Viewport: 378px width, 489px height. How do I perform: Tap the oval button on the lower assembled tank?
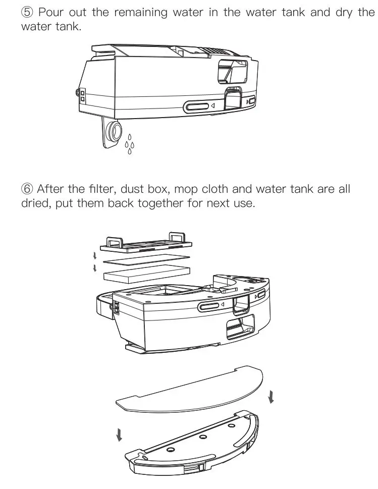pyautogui.click(x=210, y=306)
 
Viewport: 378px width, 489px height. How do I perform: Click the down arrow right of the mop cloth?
pyautogui.click(x=272, y=396)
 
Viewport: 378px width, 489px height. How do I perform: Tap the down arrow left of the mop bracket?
pyautogui.click(x=119, y=433)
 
